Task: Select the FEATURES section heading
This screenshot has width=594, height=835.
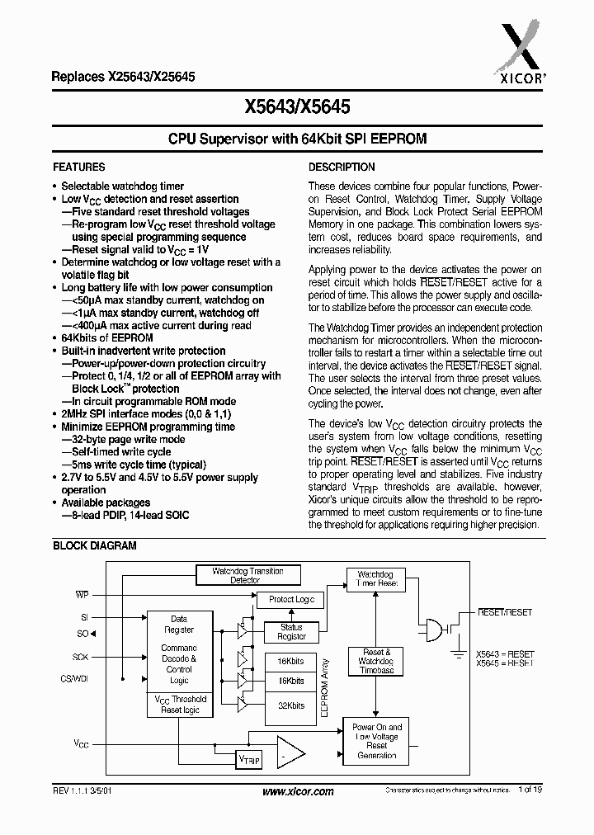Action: [x=79, y=167]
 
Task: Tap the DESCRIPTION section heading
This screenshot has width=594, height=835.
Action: [x=342, y=167]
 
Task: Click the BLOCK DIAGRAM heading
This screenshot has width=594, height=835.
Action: [x=95, y=545]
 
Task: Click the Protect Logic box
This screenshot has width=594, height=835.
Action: [x=291, y=600]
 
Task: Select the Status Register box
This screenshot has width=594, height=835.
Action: [x=291, y=632]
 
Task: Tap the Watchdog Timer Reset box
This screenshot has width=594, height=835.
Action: [x=376, y=579]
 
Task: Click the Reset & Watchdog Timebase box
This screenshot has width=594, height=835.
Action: [x=376, y=662]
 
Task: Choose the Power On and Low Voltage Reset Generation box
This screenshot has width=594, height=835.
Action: [x=376, y=741]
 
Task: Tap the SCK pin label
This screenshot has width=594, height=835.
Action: [x=80, y=658]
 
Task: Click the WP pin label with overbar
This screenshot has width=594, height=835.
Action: [x=82, y=594]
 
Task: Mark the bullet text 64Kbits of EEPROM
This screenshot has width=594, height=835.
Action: [x=107, y=338]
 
